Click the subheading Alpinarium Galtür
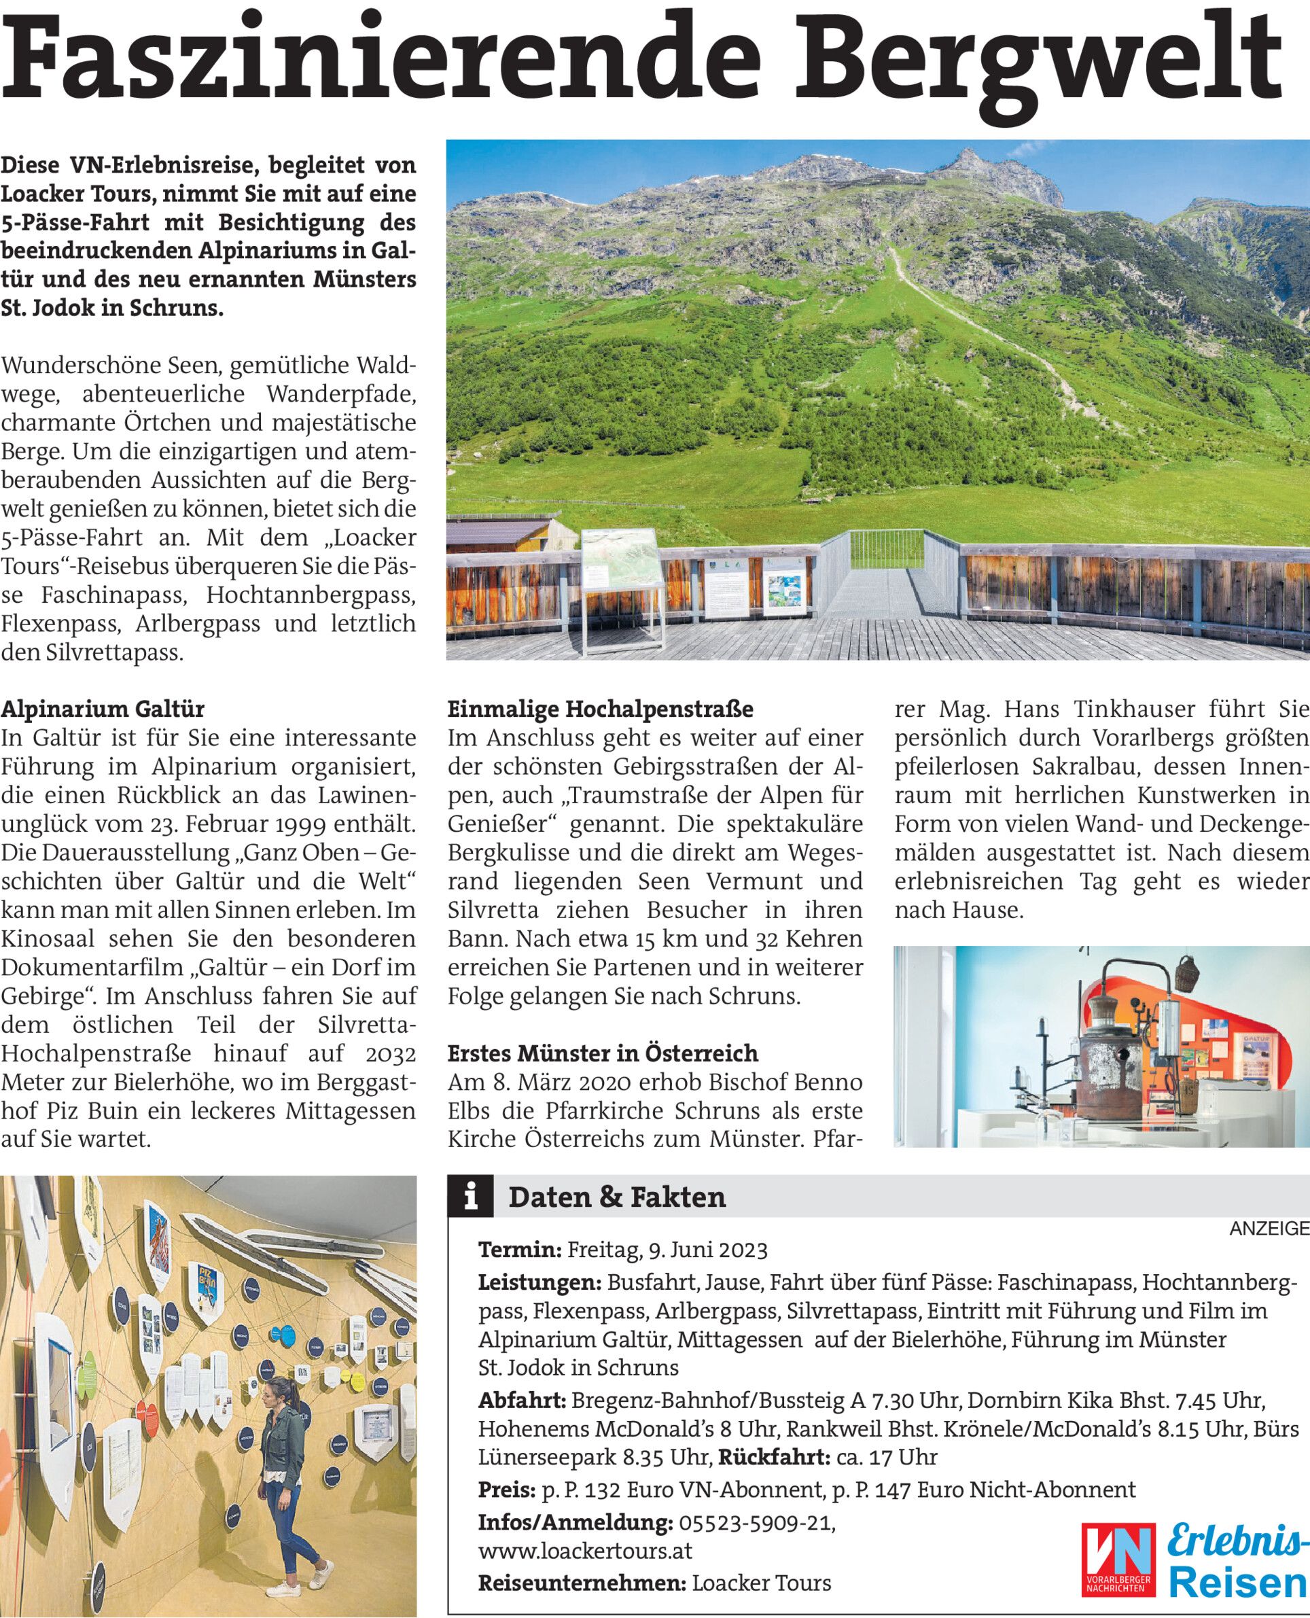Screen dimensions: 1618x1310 pos(103,709)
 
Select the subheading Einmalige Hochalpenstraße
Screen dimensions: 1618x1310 pos(600,709)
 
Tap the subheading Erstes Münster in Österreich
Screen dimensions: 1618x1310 pos(603,1053)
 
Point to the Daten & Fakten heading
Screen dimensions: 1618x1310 pos(616,1197)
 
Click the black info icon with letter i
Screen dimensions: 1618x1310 pos(471,1197)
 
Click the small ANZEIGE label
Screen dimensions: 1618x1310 pos(1269,1229)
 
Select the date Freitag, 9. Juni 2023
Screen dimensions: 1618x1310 pos(667,1250)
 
